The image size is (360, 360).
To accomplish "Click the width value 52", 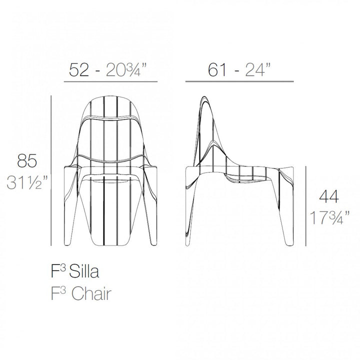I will (x=80, y=70).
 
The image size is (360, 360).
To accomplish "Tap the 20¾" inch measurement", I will (x=127, y=70).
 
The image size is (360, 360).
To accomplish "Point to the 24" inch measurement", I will (x=261, y=70).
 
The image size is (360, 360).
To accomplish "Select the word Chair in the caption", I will (x=90, y=293).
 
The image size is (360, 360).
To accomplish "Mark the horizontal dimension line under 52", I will (x=111, y=81).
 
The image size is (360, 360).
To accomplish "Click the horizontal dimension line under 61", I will (x=239, y=81).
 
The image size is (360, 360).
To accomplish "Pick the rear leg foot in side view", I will (x=190, y=243).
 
